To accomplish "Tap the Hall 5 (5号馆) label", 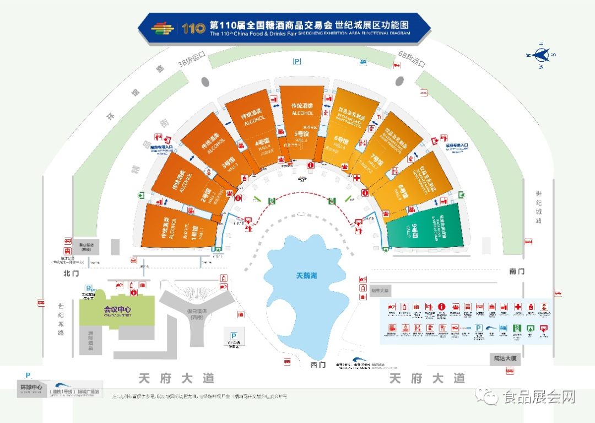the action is coord(301,133).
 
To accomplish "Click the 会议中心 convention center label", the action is coord(117,309).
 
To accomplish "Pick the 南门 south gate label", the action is coord(517,271).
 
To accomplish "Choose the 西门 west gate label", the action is coord(318,365).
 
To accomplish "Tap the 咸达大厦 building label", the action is coord(505,358).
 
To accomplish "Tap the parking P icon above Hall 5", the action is coord(297,62).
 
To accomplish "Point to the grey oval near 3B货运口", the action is coord(205,82).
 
